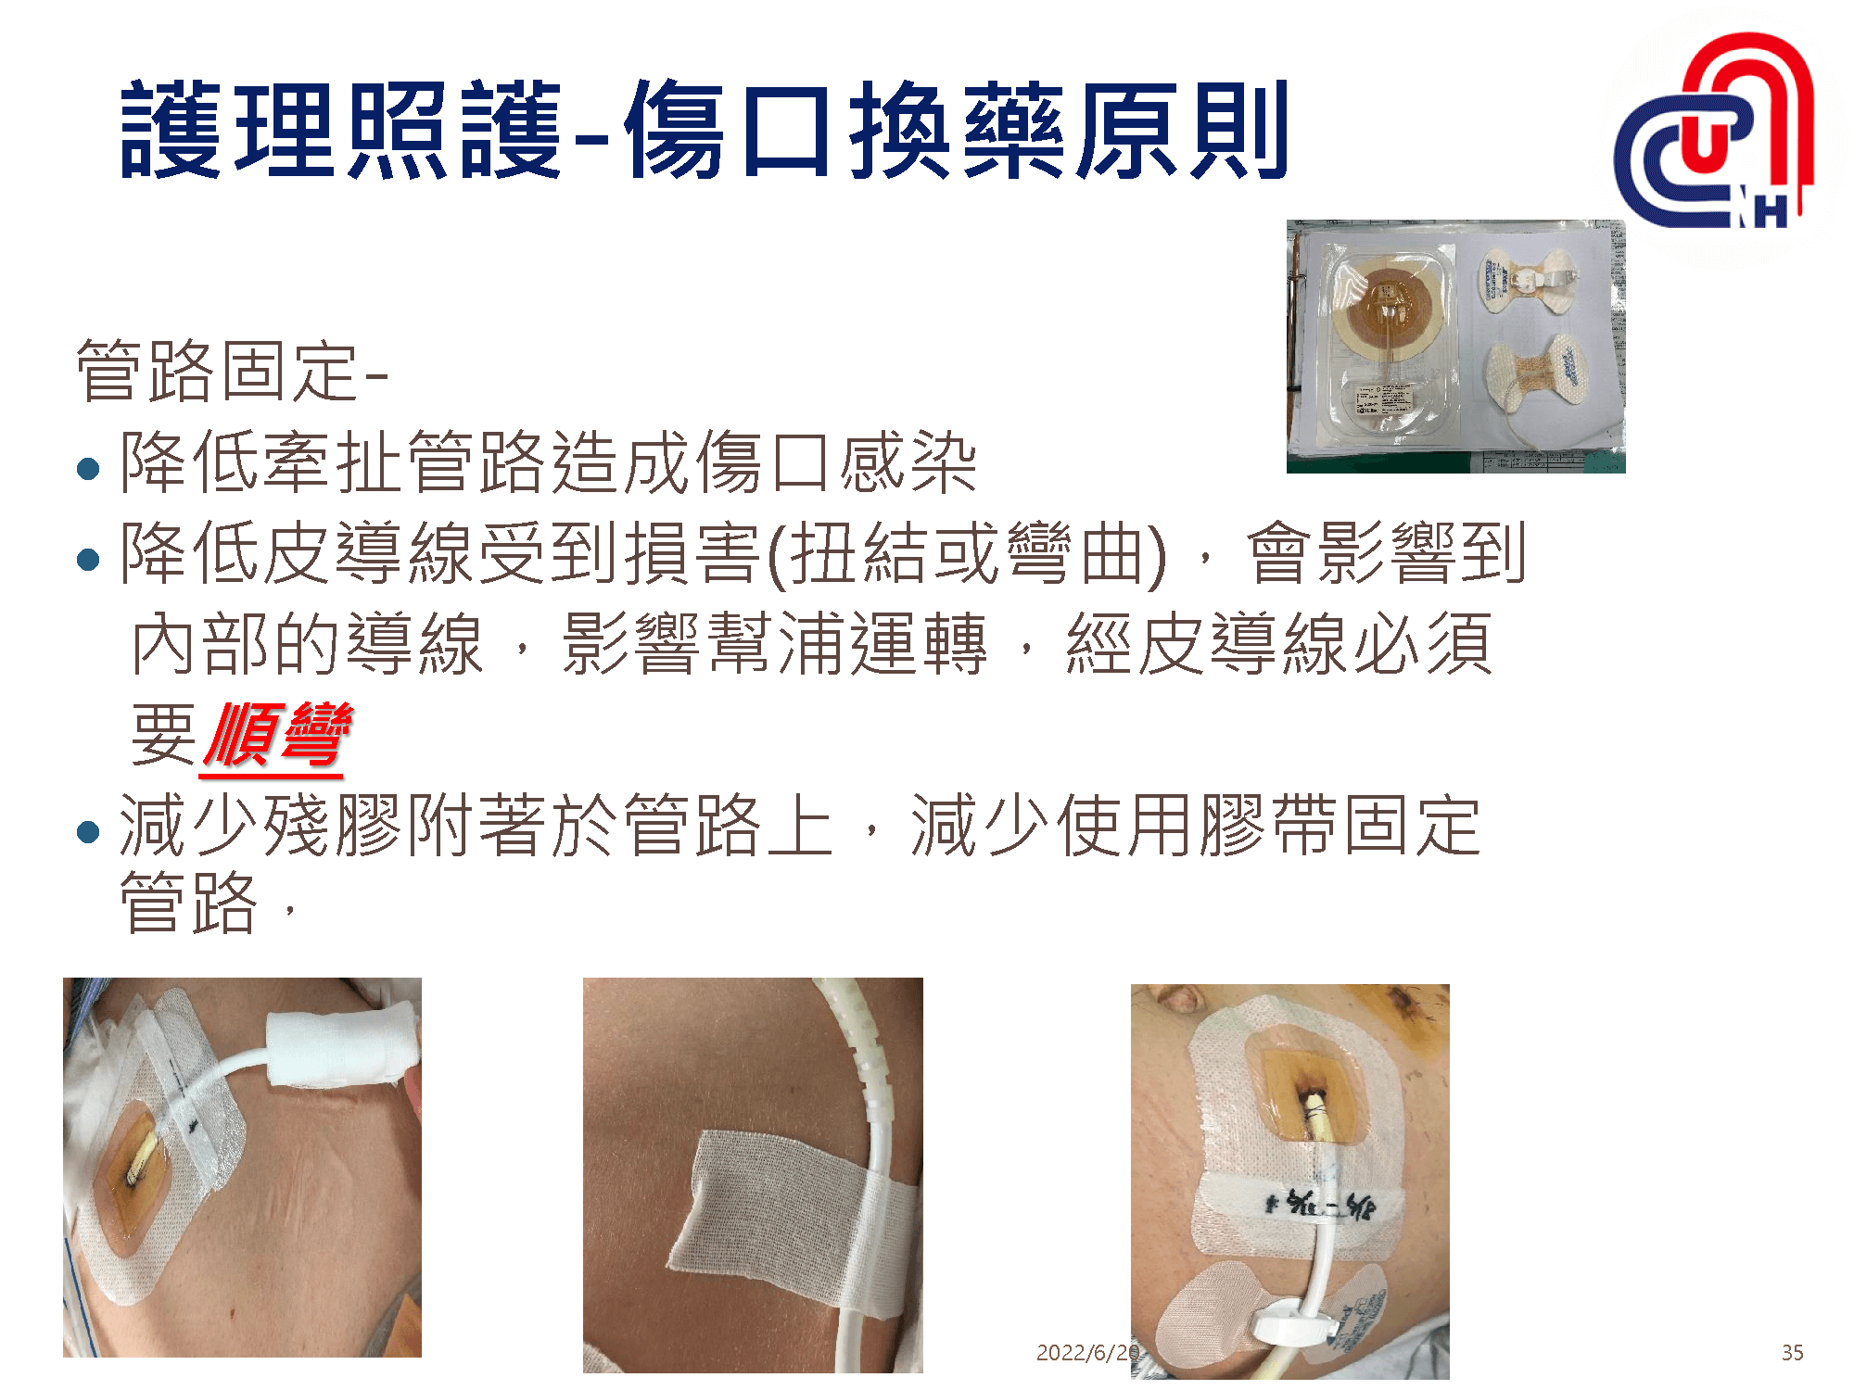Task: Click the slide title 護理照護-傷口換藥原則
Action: click(x=705, y=130)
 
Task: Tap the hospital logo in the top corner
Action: click(x=1715, y=134)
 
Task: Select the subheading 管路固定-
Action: click(x=232, y=372)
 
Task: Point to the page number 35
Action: click(x=1792, y=1353)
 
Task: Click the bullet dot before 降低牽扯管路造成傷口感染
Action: click(x=89, y=468)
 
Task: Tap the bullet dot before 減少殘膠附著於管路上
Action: click(x=89, y=831)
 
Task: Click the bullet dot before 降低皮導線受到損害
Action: click(x=89, y=559)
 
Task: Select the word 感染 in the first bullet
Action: click(x=908, y=462)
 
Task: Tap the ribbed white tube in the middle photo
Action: click(x=867, y=1066)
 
